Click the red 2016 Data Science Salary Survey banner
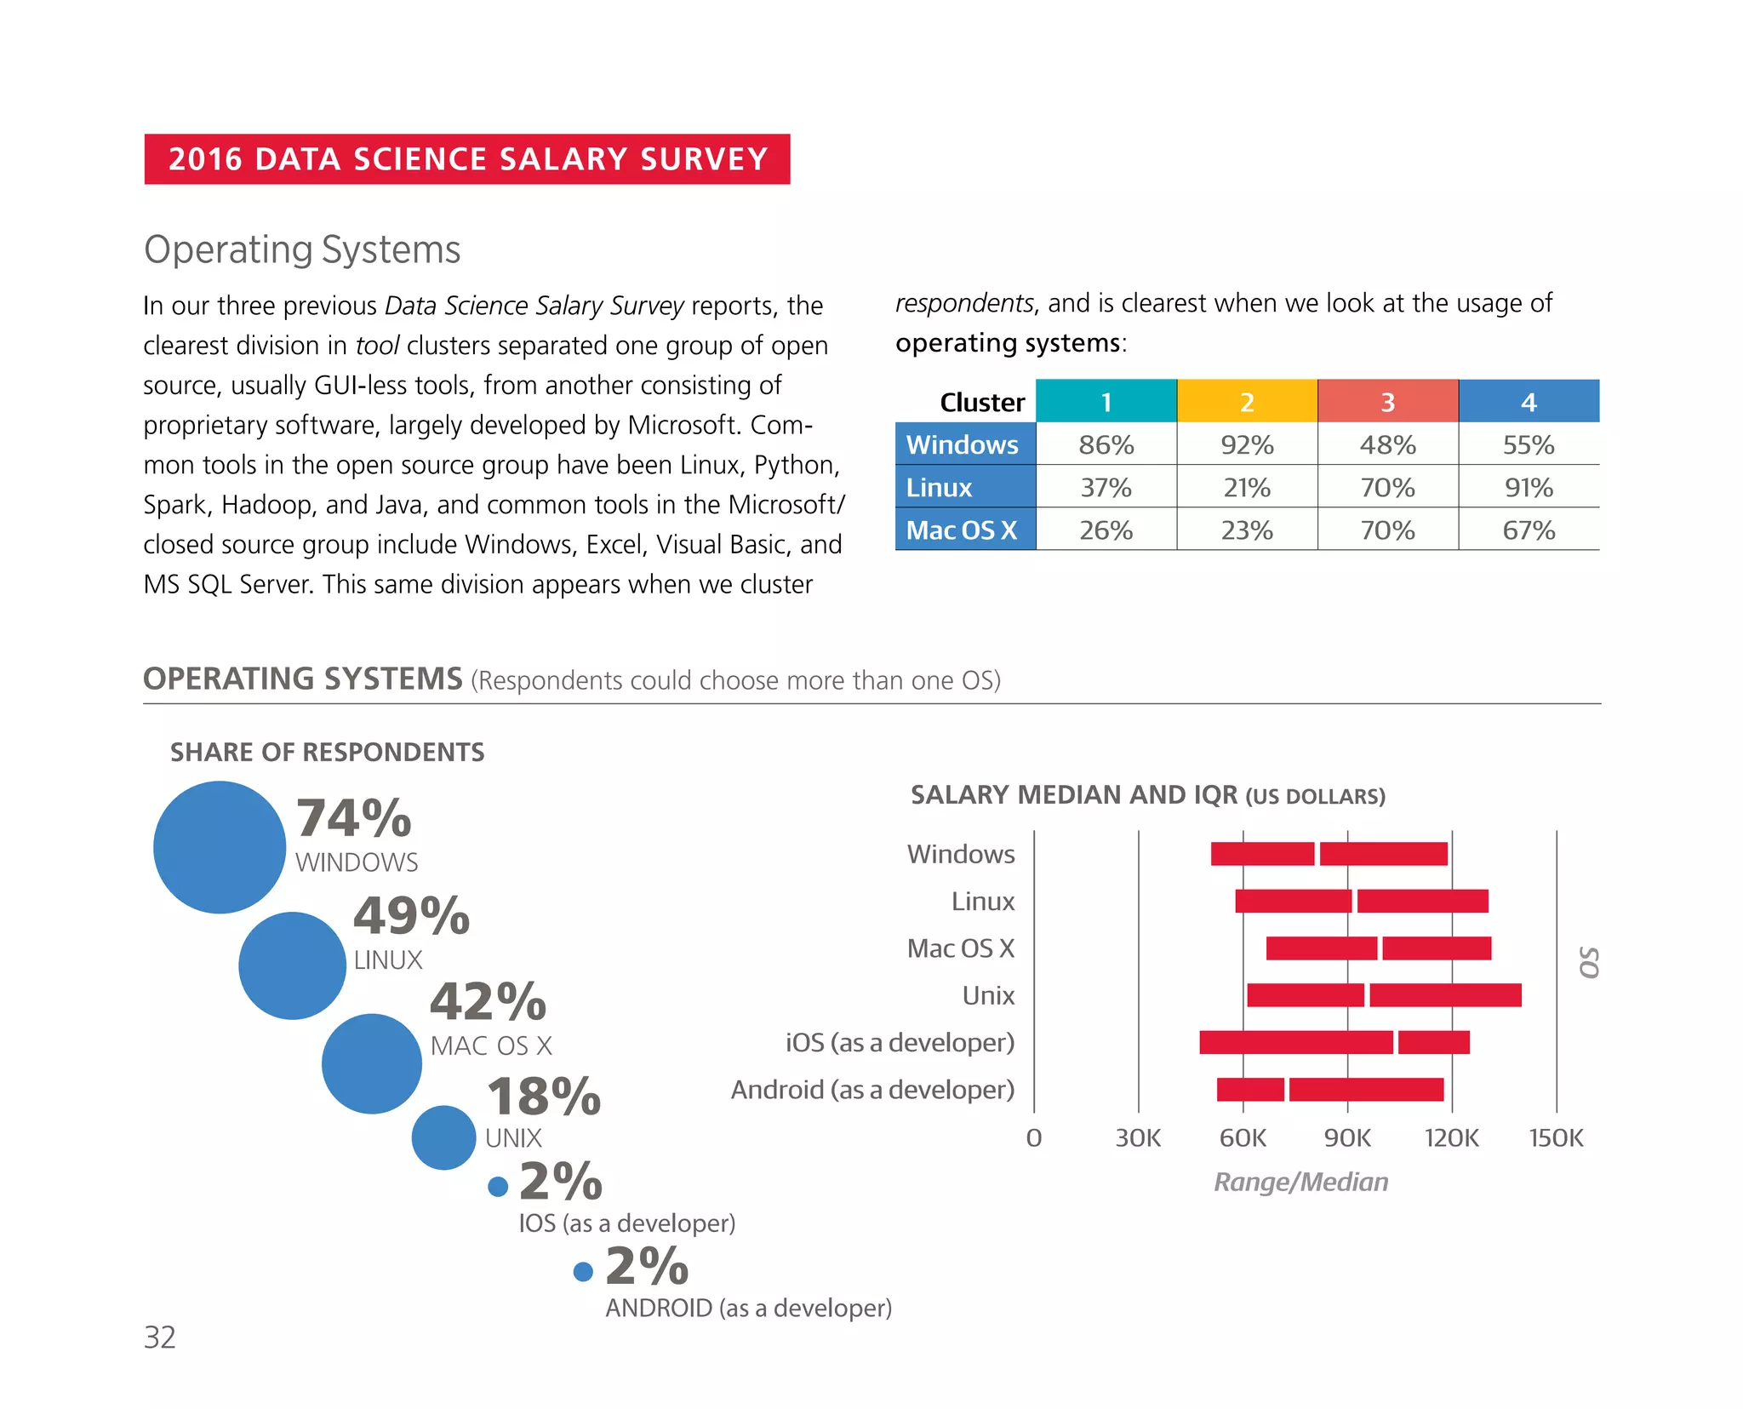[x=466, y=159]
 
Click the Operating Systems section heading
[x=302, y=249]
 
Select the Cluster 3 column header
[x=1387, y=402]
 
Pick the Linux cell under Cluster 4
[x=1528, y=487]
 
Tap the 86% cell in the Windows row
[x=1106, y=444]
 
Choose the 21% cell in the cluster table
[x=1246, y=487]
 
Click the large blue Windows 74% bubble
[x=220, y=847]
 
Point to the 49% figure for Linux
[x=412, y=915]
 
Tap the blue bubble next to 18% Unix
[x=443, y=1137]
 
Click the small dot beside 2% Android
[x=583, y=1272]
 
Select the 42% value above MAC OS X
[x=488, y=1001]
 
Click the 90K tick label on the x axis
[x=1347, y=1138]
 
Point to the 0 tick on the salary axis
[x=1033, y=1138]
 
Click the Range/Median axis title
[x=1300, y=1182]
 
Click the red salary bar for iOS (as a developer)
[x=1333, y=1042]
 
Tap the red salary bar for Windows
[x=1328, y=854]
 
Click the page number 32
[x=160, y=1337]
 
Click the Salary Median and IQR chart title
[x=1147, y=795]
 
